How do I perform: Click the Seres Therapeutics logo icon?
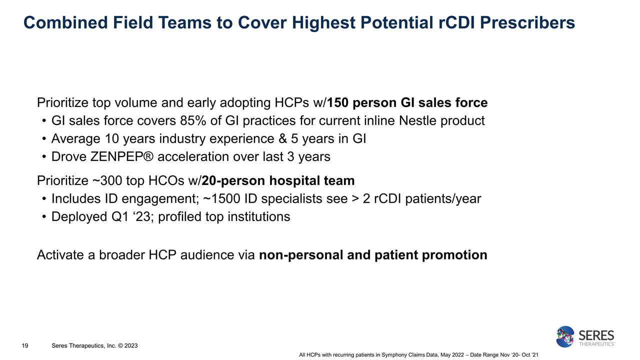coord(565,336)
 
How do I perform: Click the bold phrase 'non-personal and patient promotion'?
coord(373,255)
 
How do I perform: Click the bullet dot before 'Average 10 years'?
coord(44,139)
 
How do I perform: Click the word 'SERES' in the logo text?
coord(596,334)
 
